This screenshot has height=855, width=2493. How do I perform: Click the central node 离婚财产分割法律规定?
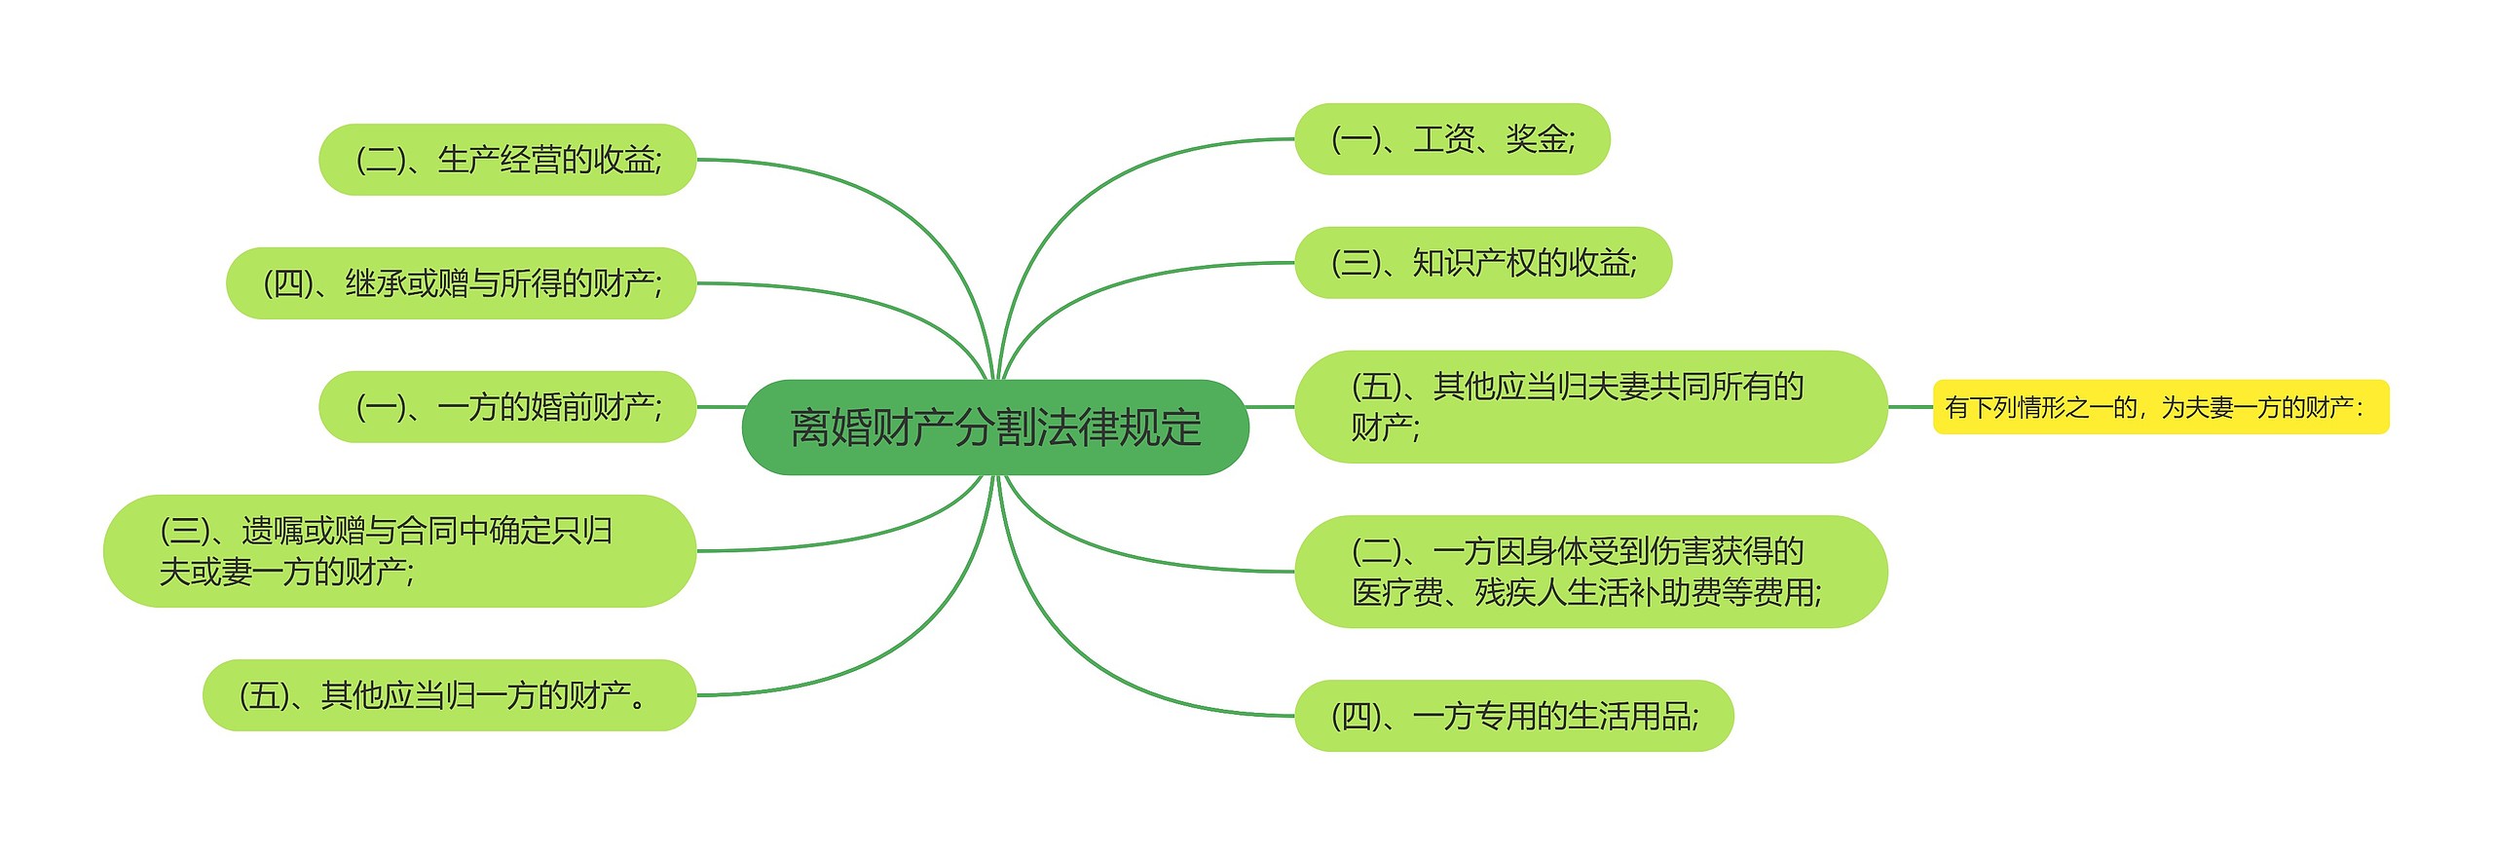coord(994,427)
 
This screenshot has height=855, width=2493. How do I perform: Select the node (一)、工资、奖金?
coord(1451,139)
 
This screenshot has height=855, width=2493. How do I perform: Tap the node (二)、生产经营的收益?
coord(507,160)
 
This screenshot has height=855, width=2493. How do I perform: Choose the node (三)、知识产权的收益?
coord(1482,263)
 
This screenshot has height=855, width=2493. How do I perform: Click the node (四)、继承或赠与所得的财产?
coord(461,283)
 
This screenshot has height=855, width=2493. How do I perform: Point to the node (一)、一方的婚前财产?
coord(507,407)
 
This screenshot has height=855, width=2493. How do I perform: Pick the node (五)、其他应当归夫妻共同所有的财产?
coord(1589,407)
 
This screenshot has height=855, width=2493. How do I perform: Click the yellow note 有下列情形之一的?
coord(2160,407)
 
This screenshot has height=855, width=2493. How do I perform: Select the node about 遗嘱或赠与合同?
coord(399,551)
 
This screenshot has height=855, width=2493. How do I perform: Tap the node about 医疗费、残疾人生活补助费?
coord(1589,572)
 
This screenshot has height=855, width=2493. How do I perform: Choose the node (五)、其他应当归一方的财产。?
coord(449,695)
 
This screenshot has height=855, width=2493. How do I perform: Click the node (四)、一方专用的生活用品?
coord(1513,716)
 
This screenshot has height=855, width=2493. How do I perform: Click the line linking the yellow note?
coord(1910,407)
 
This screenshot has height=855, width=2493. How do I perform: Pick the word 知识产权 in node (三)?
coord(1474,263)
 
